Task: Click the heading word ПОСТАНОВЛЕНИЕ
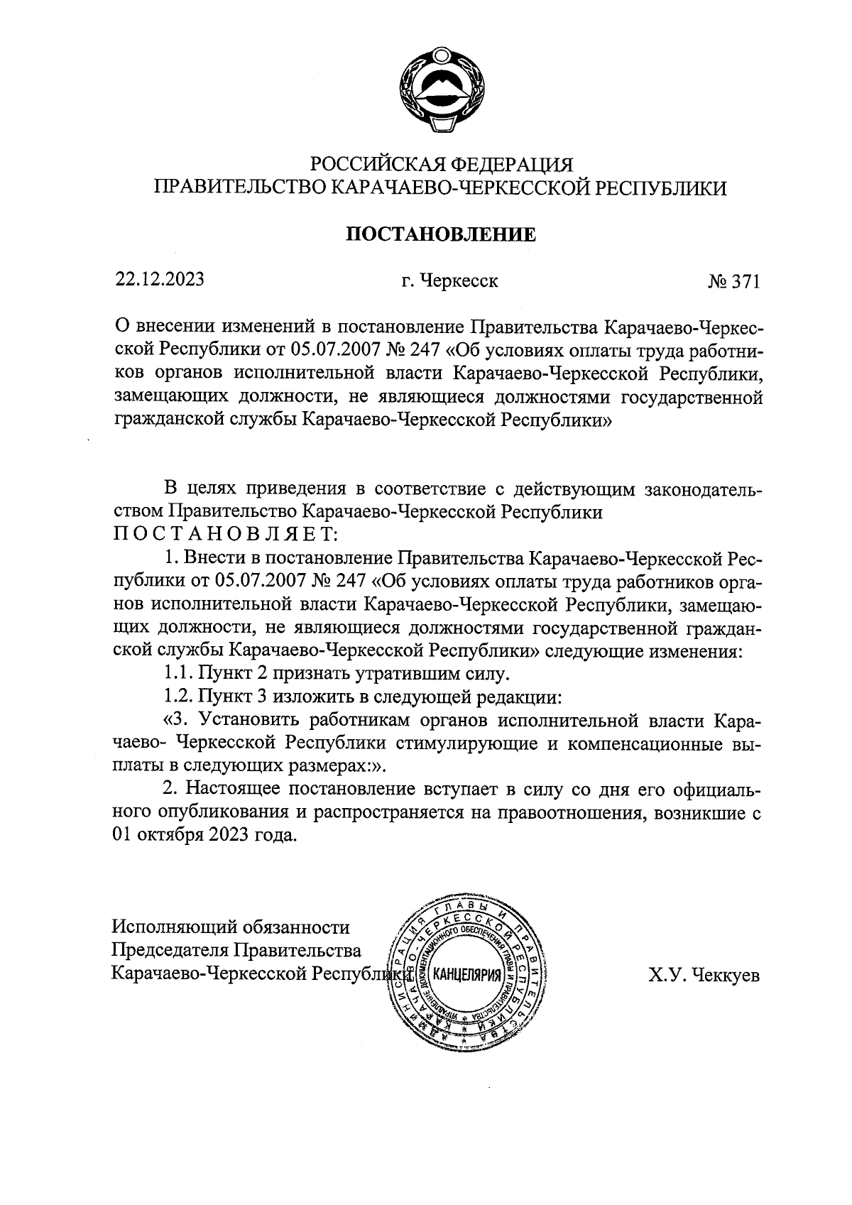pos(440,234)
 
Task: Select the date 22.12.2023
pos(160,280)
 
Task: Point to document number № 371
pos(733,282)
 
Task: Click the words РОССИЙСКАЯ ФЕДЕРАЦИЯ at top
pos(442,164)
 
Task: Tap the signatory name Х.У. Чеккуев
pos(703,975)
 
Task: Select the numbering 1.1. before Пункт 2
pos(178,672)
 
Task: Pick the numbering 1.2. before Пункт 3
pos(178,695)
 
